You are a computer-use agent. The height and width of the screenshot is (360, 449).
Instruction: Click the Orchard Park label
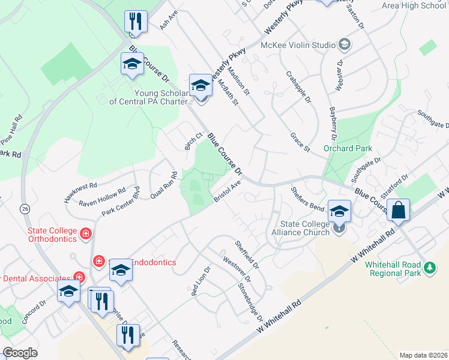[348, 148]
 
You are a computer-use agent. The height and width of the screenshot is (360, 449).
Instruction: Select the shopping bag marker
[398, 210]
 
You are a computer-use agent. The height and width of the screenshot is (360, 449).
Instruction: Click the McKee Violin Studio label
[298, 44]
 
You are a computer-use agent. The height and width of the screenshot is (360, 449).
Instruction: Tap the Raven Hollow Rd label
[102, 193]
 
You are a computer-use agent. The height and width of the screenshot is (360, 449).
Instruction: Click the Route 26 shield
[25, 208]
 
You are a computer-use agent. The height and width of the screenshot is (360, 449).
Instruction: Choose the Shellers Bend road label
[307, 198]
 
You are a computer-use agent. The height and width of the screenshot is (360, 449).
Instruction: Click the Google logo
[20, 353]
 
